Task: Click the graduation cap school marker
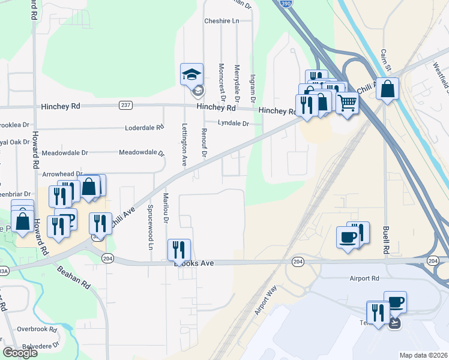point(192,74)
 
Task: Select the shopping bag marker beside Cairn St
point(387,89)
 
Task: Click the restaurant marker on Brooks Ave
point(179,249)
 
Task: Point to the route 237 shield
point(125,106)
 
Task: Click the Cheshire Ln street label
point(221,21)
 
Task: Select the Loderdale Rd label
point(144,128)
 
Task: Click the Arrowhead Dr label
point(62,173)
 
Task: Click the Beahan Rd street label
point(73,278)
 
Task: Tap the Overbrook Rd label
point(37,329)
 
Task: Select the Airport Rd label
point(365,278)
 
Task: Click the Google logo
point(20,352)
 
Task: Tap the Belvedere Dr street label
point(38,346)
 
